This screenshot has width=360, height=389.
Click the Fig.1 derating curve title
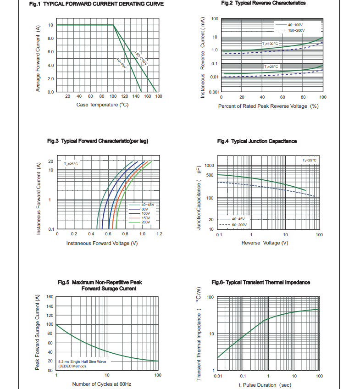click(x=96, y=4)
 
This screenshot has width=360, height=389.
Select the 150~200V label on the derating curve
click(x=141, y=59)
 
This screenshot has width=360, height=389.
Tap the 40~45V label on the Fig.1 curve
click(x=121, y=63)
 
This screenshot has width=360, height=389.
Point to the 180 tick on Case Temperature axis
click(x=159, y=96)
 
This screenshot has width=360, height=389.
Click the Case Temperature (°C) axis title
click(x=102, y=105)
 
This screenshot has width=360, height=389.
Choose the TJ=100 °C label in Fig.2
click(x=270, y=43)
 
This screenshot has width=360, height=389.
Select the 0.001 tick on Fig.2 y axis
click(x=214, y=92)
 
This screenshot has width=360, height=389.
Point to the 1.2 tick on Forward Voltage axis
click(x=159, y=234)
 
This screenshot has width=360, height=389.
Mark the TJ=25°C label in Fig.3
click(x=71, y=163)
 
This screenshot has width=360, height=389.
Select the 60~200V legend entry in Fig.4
click(x=239, y=225)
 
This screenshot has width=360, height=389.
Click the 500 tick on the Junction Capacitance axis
click(x=210, y=175)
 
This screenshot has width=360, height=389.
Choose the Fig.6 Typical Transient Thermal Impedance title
click(x=260, y=282)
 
